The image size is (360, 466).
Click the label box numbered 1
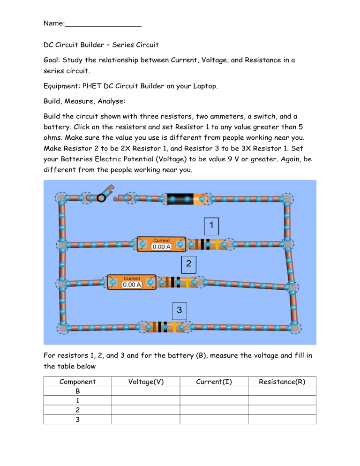coord(211,225)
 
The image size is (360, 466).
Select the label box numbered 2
coord(188,264)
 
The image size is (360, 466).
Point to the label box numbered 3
coord(180,310)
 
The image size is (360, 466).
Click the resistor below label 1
coord(208,244)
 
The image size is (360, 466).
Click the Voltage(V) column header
coord(145,382)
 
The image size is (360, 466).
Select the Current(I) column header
coord(214,382)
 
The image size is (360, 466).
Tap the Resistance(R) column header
coord(282,382)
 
